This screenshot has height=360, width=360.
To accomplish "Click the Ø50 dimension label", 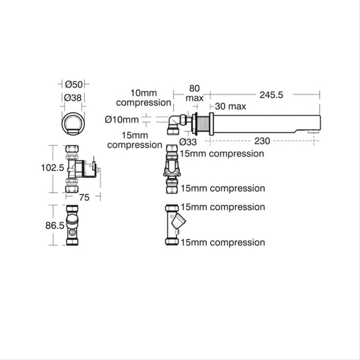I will coord(74,84).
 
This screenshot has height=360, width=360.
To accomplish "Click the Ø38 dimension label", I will coord(74,97).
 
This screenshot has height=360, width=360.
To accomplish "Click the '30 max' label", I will coord(230,106).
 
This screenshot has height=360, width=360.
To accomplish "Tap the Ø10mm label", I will coord(122,120).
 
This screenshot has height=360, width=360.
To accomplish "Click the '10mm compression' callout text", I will coord(143,97).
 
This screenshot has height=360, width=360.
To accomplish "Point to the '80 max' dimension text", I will coord(195,93).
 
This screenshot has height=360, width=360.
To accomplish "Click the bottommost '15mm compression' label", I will coord(223,242).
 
